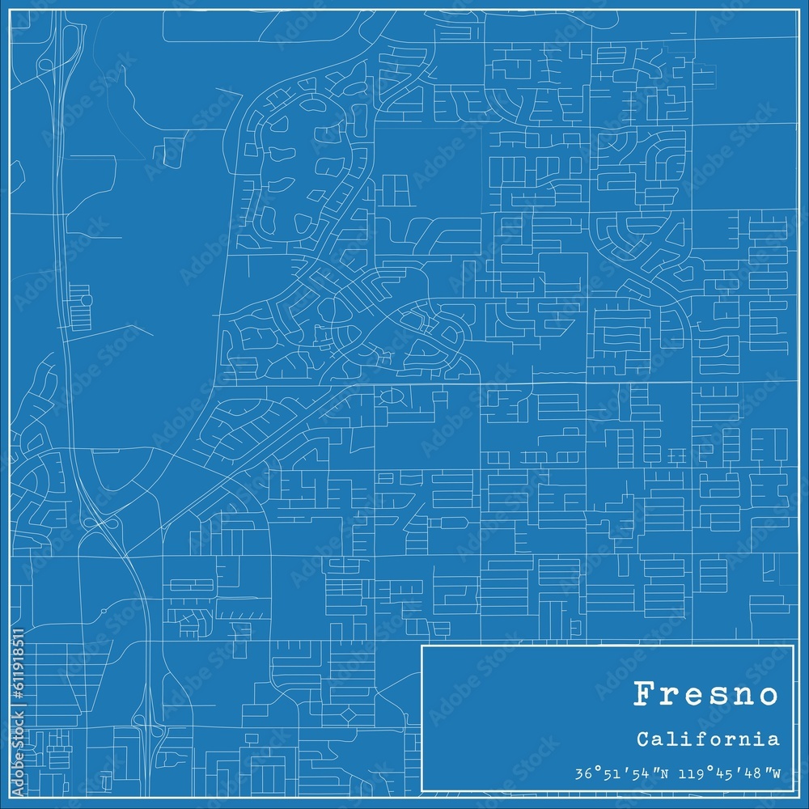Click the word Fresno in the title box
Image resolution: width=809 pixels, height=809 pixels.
pyautogui.click(x=705, y=694)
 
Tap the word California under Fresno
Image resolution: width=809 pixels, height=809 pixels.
pyautogui.click(x=708, y=739)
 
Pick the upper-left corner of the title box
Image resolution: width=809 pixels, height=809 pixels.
pyautogui.click(x=421, y=646)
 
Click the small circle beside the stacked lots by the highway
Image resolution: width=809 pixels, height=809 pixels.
pyautogui.click(x=87, y=300)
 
